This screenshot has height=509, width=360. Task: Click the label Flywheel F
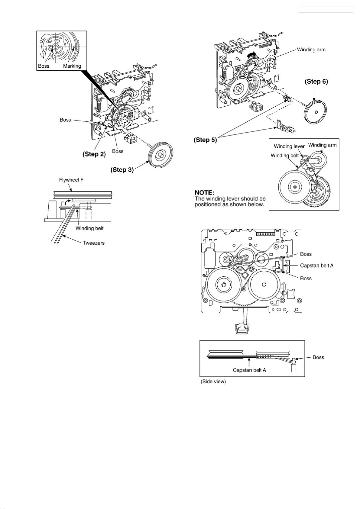pyautogui.click(x=71, y=180)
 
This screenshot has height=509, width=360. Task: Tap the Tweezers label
pyautogui.click(x=93, y=243)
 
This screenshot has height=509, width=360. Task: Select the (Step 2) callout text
pyautogui.click(x=94, y=154)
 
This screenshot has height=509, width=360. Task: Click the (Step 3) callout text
pyautogui.click(x=122, y=170)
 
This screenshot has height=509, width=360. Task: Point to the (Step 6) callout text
pyautogui.click(x=316, y=81)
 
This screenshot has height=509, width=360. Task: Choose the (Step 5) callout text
pyautogui.click(x=205, y=140)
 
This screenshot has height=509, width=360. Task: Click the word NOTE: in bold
pyautogui.click(x=204, y=192)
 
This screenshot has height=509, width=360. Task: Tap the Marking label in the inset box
pyautogui.click(x=72, y=66)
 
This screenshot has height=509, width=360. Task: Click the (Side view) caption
pyautogui.click(x=213, y=382)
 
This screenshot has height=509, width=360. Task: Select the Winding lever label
pyautogui.click(x=289, y=146)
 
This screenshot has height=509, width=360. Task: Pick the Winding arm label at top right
pyautogui.click(x=311, y=50)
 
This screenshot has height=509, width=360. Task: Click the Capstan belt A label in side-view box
pyautogui.click(x=249, y=370)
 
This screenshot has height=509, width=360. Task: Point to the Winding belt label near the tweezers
pyautogui.click(x=89, y=228)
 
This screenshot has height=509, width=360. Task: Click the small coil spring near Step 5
pyautogui.click(x=287, y=98)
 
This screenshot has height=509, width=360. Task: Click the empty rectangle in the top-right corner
pyautogui.click(x=326, y=10)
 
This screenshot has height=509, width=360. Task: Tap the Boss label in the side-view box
pyautogui.click(x=318, y=357)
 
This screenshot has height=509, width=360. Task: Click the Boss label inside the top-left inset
pyautogui.click(x=44, y=66)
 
